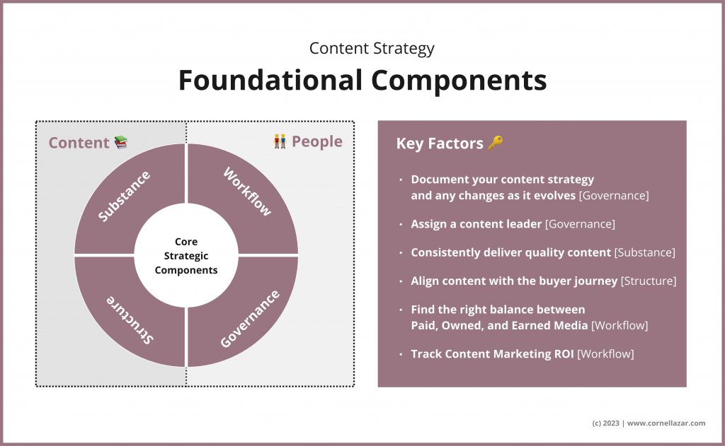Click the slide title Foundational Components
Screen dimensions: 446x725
[362, 81]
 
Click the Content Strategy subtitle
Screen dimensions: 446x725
[372, 49]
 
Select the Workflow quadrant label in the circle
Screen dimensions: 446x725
[247, 192]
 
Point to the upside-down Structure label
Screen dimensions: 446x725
[130, 319]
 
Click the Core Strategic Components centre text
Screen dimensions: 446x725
[186, 256]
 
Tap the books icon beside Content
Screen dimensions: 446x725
[121, 142]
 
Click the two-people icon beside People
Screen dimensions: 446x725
[280, 141]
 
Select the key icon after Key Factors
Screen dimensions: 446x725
[495, 143]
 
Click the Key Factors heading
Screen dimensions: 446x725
[440, 143]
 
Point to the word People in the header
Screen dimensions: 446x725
[317, 141]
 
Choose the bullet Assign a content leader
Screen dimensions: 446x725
[476, 224]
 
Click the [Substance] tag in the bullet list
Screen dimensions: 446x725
[644, 252]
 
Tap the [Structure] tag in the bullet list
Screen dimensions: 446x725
[649, 281]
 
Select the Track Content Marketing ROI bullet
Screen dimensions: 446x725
[493, 353]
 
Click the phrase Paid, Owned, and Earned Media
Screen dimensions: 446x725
[499, 324]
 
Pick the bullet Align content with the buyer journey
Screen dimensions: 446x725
[514, 281]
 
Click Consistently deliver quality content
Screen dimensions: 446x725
[510, 252]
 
